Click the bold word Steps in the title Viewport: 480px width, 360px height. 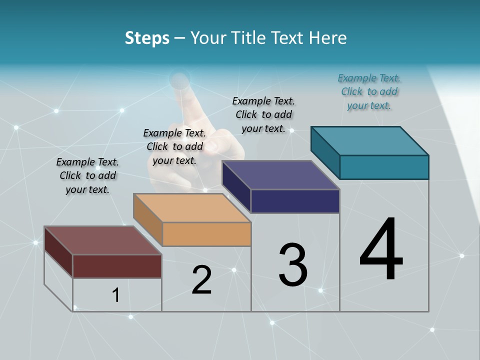(147, 38)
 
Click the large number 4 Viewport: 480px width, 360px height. (381, 249)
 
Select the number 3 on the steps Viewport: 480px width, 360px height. (293, 265)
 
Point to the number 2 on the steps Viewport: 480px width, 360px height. (201, 280)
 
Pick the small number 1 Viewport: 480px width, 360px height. (116, 295)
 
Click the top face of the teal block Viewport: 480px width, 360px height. (370, 140)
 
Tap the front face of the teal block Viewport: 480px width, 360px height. (384, 167)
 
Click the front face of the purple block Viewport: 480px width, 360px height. (295, 201)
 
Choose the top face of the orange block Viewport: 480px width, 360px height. (192, 207)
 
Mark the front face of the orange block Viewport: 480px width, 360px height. (206, 234)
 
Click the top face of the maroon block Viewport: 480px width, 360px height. (103, 240)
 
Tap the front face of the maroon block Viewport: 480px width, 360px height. (117, 266)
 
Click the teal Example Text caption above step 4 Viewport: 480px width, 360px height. (369, 91)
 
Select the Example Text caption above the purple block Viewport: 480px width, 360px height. (263, 114)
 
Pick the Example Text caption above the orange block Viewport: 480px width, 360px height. (174, 146)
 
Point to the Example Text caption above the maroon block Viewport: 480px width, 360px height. (87, 175)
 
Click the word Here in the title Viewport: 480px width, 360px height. (329, 38)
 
